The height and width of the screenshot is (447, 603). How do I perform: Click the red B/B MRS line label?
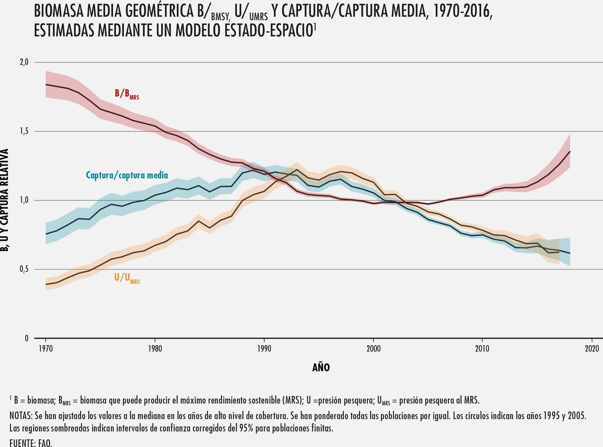click(x=127, y=94)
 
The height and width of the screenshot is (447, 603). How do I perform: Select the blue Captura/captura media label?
click(x=127, y=175)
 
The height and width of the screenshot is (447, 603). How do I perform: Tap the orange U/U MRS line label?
click(x=127, y=278)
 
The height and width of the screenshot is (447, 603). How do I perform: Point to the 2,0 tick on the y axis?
click(x=24, y=62)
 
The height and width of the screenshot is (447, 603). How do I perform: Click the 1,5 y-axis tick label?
click(x=24, y=131)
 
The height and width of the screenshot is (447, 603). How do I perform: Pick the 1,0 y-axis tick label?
click(x=24, y=200)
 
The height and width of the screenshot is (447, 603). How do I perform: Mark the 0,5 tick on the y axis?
click(x=24, y=269)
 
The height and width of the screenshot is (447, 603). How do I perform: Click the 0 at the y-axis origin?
click(x=26, y=338)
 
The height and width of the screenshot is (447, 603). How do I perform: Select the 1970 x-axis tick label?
click(x=46, y=349)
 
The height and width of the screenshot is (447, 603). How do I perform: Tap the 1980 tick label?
click(x=155, y=349)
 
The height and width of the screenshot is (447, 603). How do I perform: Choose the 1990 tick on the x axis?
click(x=264, y=349)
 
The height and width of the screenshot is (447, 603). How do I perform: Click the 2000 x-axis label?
click(x=373, y=349)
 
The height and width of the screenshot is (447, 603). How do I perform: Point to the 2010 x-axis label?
click(x=482, y=349)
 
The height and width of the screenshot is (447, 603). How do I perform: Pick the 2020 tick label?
click(x=592, y=349)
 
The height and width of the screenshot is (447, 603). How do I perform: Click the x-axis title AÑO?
click(x=321, y=367)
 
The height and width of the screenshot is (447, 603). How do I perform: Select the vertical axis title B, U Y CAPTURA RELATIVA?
click(x=4, y=200)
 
